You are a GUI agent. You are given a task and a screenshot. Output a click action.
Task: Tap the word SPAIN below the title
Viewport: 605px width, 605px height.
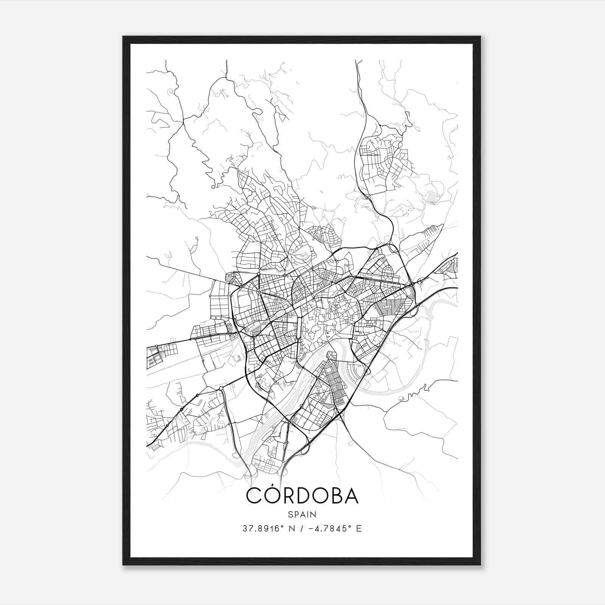302,514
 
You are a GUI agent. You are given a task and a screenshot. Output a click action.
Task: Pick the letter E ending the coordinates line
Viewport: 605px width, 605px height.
359,528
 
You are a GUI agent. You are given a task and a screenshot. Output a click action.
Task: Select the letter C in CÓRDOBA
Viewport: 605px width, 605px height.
254,496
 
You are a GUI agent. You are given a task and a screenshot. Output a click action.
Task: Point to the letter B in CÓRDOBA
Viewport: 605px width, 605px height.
333,496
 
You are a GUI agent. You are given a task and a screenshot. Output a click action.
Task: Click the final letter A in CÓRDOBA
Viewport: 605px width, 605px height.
351,496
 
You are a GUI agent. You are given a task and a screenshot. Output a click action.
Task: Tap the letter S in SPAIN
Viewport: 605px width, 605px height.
290,514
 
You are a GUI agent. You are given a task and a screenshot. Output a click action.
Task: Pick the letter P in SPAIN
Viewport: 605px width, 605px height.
296,514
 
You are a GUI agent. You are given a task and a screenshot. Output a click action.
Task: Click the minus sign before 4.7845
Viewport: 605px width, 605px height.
311,528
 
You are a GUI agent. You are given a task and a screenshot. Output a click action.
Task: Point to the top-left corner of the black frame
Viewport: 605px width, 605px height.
123,37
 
